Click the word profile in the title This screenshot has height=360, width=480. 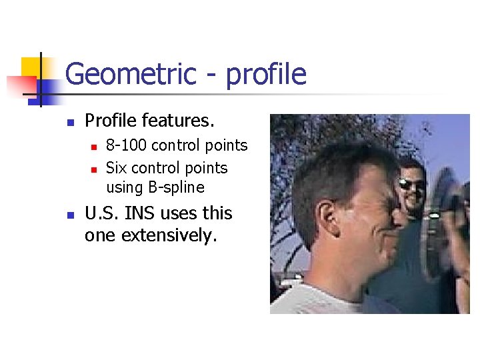pos(266,74)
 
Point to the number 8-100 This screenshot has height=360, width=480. pos(127,145)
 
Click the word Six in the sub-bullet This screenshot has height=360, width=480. pos(116,168)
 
